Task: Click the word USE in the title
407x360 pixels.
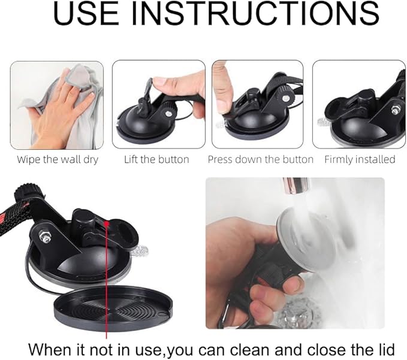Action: pyautogui.click(x=86, y=13)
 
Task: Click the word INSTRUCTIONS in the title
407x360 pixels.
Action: pyautogui.click(x=256, y=13)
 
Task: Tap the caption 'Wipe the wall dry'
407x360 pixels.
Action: pyautogui.click(x=58, y=159)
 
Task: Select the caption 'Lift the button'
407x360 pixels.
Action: pyautogui.click(x=156, y=159)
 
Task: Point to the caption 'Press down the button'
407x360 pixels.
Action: pyautogui.click(x=261, y=159)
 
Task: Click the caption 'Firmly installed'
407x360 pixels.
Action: pyautogui.click(x=360, y=159)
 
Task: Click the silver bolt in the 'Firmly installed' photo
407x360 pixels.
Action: pyautogui.click(x=395, y=110)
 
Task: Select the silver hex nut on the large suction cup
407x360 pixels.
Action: pyautogui.click(x=45, y=237)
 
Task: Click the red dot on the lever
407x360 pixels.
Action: pyautogui.click(x=106, y=223)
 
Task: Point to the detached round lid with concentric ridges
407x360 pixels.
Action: pyautogui.click(x=113, y=308)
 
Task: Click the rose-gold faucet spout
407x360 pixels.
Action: pyautogui.click(x=296, y=185)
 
